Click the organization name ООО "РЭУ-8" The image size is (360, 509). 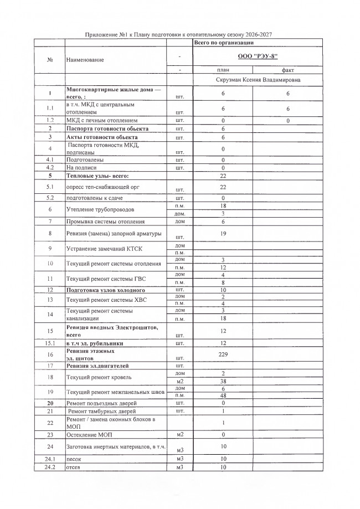(258, 57)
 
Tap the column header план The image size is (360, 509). (223, 70)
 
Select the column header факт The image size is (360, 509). (288, 70)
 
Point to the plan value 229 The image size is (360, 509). (223, 354)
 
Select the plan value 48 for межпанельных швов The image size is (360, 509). (223, 396)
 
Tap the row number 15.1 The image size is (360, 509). (50, 343)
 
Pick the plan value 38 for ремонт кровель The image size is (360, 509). (223, 382)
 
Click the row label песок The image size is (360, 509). (74, 459)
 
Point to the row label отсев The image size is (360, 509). (74, 467)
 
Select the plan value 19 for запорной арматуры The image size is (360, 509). (223, 234)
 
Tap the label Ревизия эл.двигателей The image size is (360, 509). (97, 366)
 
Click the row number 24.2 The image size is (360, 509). (50, 467)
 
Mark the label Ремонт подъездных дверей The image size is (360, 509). (101, 403)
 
